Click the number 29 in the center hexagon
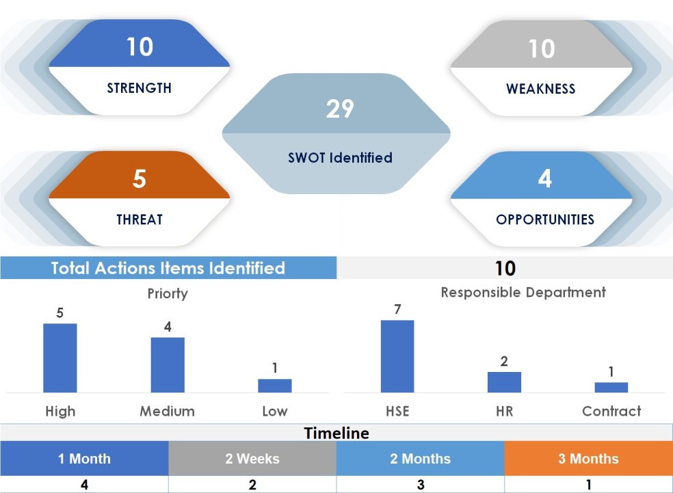pos(339,109)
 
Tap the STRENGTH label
pos(139,88)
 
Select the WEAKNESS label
pos(540,89)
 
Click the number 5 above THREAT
pos(139,179)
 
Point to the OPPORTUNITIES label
pos(544,219)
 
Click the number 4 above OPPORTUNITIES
pos(544,179)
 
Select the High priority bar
pos(60,358)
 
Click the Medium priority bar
pos(168,364)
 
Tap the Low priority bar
pos(274,386)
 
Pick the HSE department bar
pos(397,356)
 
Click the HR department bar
pos(504,382)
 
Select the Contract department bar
pos(611,387)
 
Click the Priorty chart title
pos(168,293)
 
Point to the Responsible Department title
pos(523,293)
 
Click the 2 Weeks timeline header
pos(252,459)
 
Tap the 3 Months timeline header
pos(588,459)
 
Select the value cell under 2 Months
pos(420,485)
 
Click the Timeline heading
pos(336,433)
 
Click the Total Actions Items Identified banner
pos(168,268)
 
